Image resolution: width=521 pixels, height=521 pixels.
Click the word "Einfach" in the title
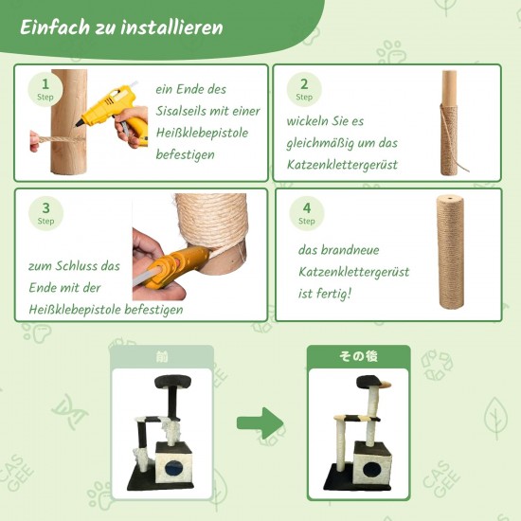point(55,27)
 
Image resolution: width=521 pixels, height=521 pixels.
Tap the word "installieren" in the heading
point(171,27)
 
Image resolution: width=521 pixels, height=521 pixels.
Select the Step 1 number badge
point(45,89)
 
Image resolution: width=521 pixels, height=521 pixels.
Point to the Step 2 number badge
point(304,89)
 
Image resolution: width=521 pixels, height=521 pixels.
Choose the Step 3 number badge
point(45,213)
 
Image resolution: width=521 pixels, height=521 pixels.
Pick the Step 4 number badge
point(306,213)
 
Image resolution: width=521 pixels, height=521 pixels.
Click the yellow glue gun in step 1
point(113,113)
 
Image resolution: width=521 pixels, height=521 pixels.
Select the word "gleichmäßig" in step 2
point(316,143)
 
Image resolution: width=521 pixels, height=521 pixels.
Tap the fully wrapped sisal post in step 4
point(450,253)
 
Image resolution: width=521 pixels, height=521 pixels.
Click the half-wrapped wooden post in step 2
point(449,123)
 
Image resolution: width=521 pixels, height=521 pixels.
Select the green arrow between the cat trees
point(260,423)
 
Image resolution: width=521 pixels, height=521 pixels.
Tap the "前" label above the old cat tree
point(162,357)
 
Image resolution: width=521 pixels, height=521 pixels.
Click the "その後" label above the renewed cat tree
point(358,356)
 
